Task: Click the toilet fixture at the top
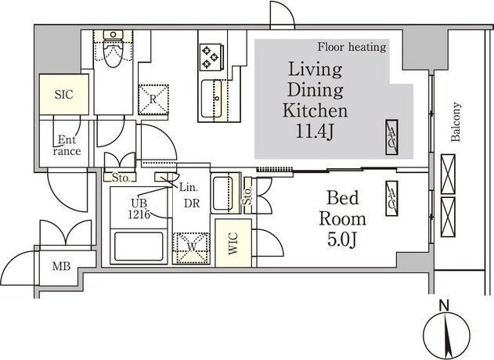point(114,49)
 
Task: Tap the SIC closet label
point(63,94)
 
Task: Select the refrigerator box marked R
point(153,99)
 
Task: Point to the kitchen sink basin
point(211,99)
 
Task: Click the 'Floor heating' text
point(352,47)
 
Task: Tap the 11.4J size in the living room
point(315,131)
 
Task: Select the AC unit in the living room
point(391,137)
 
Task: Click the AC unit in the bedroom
point(391,199)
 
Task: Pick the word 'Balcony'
point(456,121)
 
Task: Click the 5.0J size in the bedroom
point(342,240)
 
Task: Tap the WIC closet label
point(233,243)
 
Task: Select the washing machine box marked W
point(191,248)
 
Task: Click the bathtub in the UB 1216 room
point(139,247)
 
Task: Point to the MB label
point(61,266)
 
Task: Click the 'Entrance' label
point(67,146)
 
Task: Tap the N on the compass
point(444,305)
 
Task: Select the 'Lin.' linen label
point(188,188)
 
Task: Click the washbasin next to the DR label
point(223,193)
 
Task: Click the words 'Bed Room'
point(343,208)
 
